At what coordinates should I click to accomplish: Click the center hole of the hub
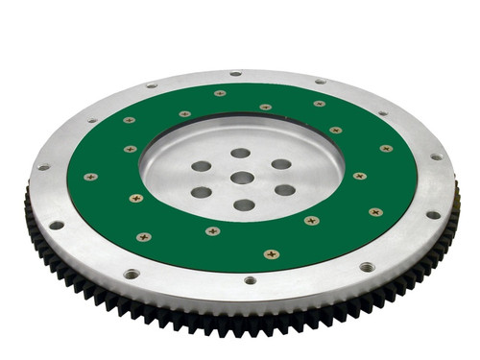point(242,178)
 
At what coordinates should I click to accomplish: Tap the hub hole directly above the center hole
point(240,153)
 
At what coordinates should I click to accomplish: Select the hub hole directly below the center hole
point(244,204)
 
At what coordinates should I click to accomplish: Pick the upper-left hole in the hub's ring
point(202,166)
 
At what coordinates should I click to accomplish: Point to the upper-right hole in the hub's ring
point(280,164)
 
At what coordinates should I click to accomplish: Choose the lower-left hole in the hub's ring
point(202,192)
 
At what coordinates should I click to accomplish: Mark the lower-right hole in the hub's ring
point(285,190)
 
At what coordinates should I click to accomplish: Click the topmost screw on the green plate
point(220,93)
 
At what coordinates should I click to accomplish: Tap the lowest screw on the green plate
point(272,254)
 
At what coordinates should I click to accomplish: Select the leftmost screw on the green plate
point(90,177)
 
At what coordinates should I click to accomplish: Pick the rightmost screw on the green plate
point(386,149)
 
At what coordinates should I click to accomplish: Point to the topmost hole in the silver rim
point(235,73)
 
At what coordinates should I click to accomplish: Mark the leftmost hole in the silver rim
point(43,167)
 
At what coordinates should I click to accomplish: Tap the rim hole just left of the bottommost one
point(131,274)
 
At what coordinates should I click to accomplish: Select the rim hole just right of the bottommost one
point(367,266)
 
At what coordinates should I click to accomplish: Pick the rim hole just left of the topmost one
point(152,85)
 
